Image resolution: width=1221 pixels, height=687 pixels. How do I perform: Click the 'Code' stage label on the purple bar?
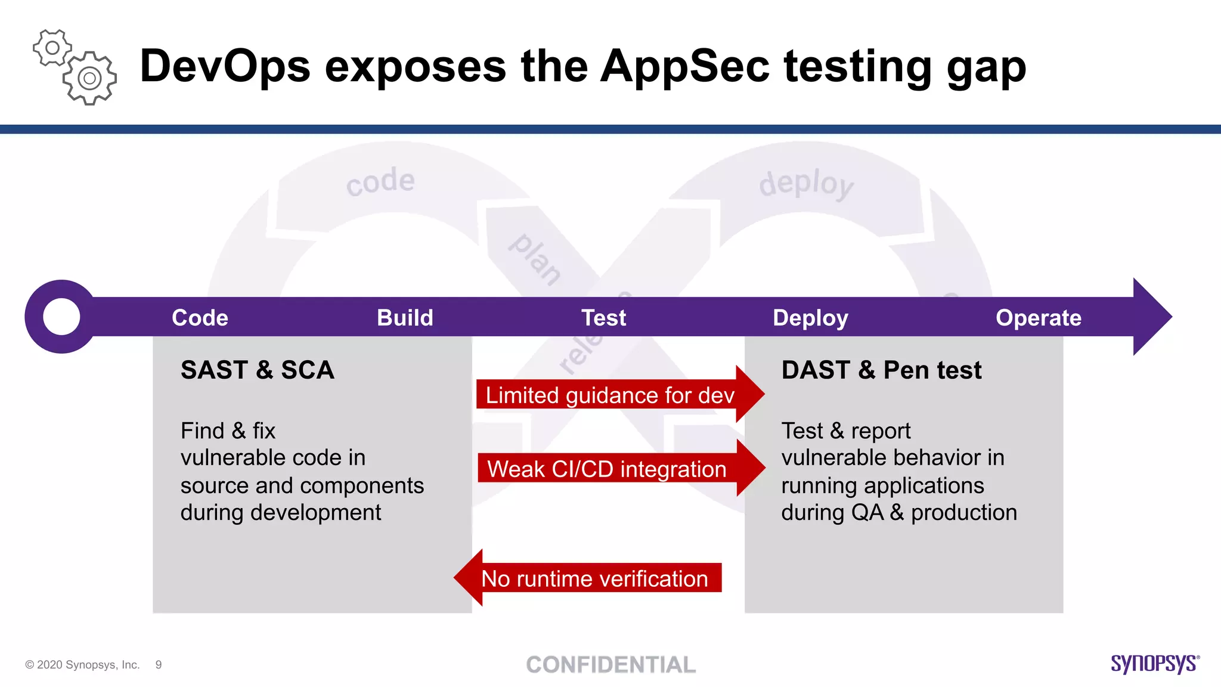pyautogui.click(x=200, y=318)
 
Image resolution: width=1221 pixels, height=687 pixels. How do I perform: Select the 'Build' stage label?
pyautogui.click(x=405, y=318)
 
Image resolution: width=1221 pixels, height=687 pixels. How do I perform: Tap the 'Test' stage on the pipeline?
pyautogui.click(x=603, y=318)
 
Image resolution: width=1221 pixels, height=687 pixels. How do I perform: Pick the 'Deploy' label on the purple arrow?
pyautogui.click(x=810, y=318)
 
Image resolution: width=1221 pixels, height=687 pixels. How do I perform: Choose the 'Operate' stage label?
pyautogui.click(x=1038, y=318)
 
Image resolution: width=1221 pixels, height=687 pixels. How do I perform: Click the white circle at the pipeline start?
pyautogui.click(x=61, y=317)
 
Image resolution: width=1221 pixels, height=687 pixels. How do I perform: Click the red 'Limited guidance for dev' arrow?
pyautogui.click(x=610, y=395)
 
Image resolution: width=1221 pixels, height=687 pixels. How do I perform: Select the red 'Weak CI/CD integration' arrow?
pyautogui.click(x=607, y=469)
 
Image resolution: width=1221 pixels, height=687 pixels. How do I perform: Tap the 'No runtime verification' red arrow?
pyautogui.click(x=594, y=578)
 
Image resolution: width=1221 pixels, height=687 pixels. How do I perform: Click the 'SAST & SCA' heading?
pyautogui.click(x=258, y=370)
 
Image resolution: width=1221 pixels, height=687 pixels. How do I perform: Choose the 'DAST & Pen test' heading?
pyautogui.click(x=881, y=370)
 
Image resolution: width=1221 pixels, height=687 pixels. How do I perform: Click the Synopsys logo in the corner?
pyautogui.click(x=1154, y=664)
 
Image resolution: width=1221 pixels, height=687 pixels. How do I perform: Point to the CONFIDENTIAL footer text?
pyautogui.click(x=610, y=665)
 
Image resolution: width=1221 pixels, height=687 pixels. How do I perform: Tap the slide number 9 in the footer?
pyautogui.click(x=159, y=665)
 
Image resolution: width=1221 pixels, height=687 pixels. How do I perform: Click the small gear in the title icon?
pyautogui.click(x=52, y=48)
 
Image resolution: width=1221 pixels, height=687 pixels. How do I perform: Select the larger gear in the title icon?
pyautogui.click(x=89, y=78)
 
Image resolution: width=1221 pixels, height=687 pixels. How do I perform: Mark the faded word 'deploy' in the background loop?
pyautogui.click(x=806, y=183)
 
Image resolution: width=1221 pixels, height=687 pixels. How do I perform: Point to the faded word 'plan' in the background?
pyautogui.click(x=535, y=259)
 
